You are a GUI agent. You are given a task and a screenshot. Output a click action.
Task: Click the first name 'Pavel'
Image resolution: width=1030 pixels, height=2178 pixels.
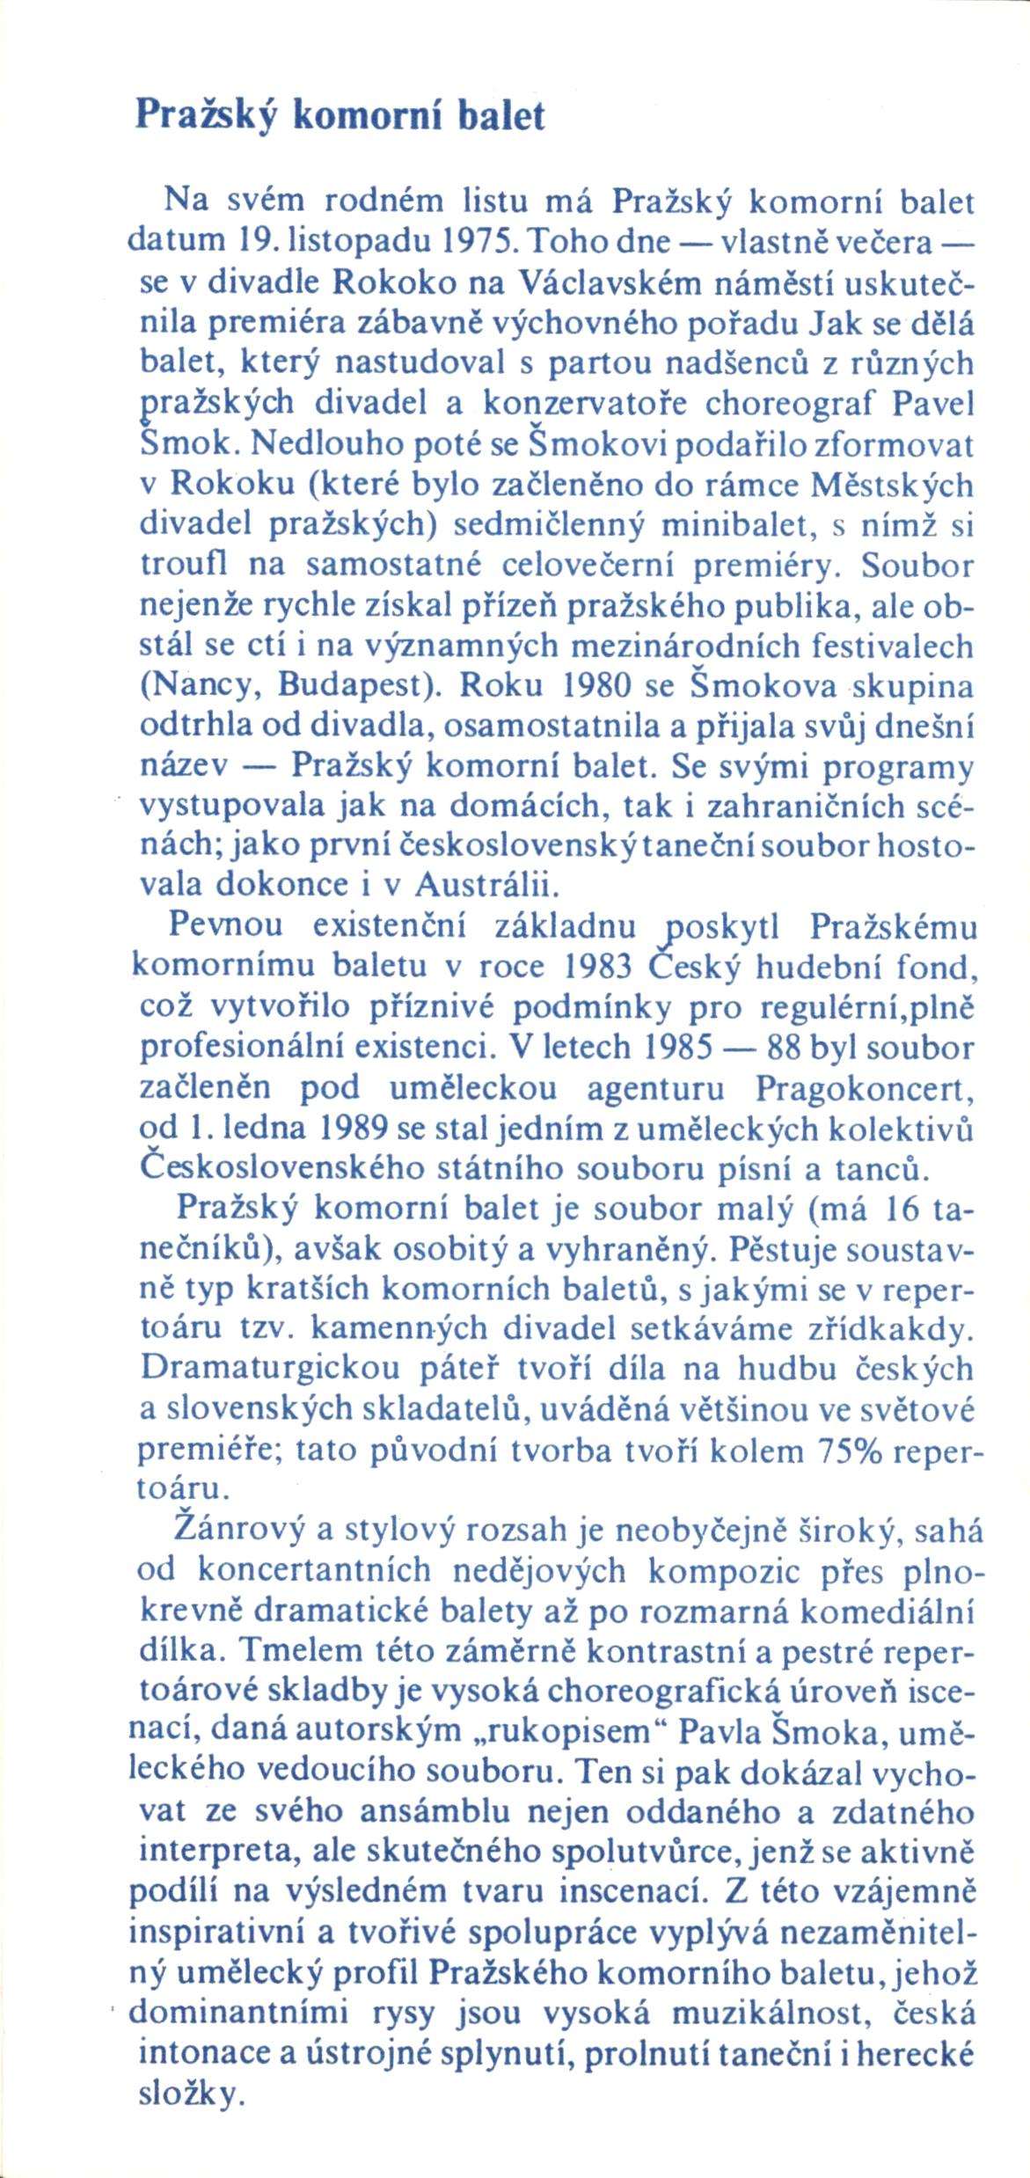point(933,405)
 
